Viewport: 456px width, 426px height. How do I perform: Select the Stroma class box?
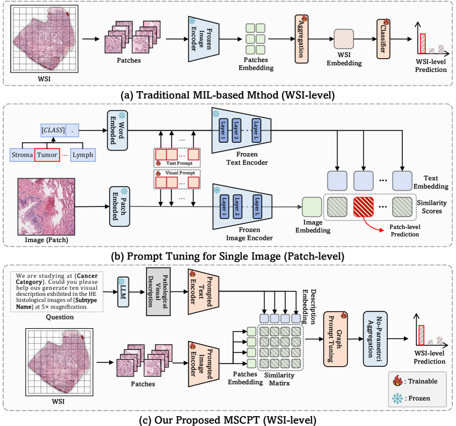21,155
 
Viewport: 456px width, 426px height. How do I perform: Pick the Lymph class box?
83,155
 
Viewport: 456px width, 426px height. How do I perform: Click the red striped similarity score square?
365,208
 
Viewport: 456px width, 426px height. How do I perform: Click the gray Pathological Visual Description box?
157,292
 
